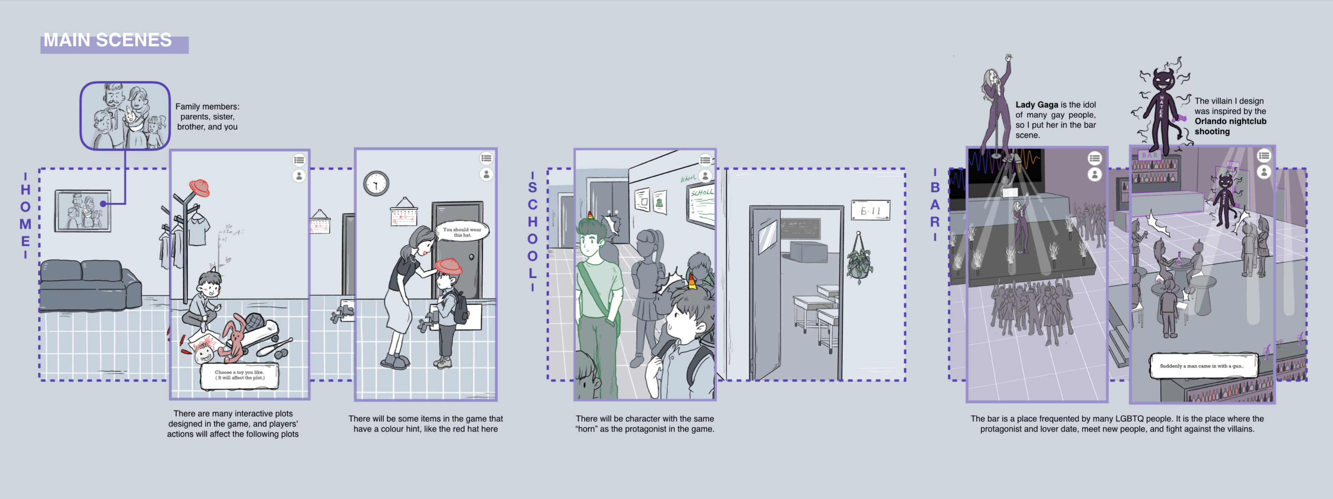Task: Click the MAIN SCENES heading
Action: tap(108, 40)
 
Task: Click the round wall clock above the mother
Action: tap(376, 183)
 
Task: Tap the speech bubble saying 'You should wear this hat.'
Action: tap(461, 232)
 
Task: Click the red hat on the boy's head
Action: tap(448, 266)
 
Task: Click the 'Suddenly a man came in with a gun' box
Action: tap(1202, 366)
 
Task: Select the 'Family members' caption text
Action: tap(207, 116)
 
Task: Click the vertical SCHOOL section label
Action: tap(532, 230)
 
